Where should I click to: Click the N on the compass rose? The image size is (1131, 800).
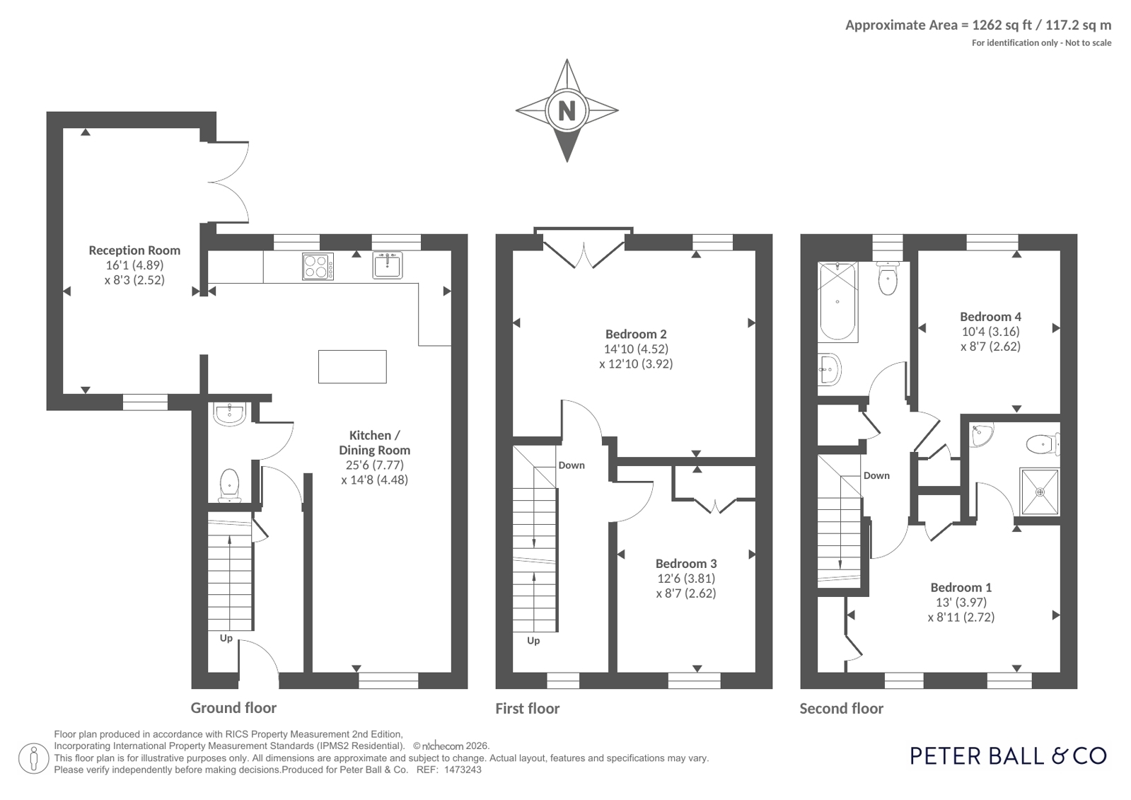(x=567, y=110)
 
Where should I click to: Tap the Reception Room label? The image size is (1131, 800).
(x=134, y=250)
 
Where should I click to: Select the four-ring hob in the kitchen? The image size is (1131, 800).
(x=318, y=266)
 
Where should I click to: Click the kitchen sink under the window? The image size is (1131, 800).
(x=388, y=265)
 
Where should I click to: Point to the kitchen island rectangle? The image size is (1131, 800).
(x=352, y=366)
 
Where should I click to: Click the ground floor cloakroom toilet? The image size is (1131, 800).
(x=229, y=486)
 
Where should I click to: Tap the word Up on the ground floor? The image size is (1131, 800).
(x=226, y=638)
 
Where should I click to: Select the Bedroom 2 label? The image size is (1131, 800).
(x=636, y=335)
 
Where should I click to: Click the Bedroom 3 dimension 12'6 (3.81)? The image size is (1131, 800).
(x=685, y=579)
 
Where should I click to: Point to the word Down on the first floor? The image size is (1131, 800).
(x=572, y=465)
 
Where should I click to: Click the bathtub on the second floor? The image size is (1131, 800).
(x=837, y=302)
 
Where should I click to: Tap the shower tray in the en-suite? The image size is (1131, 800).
(x=1039, y=492)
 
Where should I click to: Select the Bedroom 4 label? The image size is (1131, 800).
(x=990, y=317)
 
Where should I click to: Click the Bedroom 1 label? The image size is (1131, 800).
(x=961, y=587)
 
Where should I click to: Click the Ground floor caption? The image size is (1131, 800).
(x=233, y=708)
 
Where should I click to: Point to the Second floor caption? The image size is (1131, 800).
(x=841, y=709)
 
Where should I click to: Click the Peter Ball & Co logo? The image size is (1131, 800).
(x=1008, y=756)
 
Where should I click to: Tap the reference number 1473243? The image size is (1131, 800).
(x=463, y=770)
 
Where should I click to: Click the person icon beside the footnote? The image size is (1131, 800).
(x=33, y=759)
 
